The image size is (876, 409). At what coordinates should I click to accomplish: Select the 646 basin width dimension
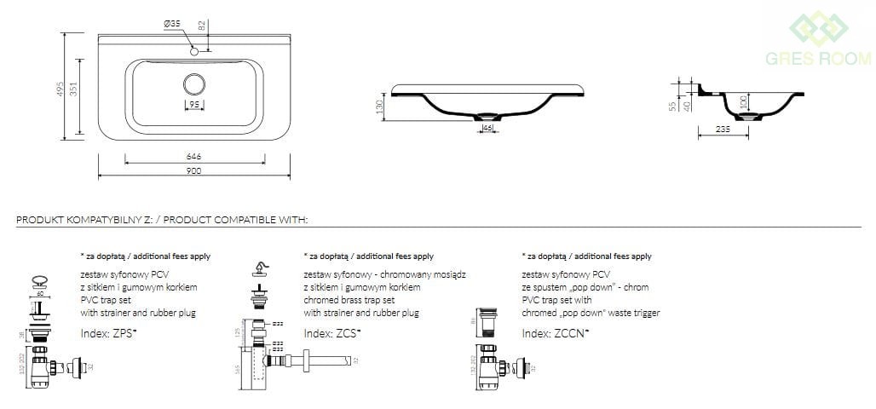tap(193, 157)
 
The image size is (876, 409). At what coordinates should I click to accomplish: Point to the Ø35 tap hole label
tap(172, 24)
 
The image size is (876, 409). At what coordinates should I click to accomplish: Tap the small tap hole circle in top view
tap(194, 52)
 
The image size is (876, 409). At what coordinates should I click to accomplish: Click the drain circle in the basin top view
tap(194, 84)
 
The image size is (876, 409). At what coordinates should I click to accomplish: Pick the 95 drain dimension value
tap(194, 105)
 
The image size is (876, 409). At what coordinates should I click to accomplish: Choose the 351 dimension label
tap(74, 89)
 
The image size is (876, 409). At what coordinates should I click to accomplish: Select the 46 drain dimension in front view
tap(488, 127)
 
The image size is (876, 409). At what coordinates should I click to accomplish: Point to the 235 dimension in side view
tap(723, 130)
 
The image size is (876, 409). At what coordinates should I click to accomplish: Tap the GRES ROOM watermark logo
tap(818, 38)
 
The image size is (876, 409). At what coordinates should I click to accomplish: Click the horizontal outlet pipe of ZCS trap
tap(315, 361)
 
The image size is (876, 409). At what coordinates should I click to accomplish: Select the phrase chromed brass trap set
tap(349, 300)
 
